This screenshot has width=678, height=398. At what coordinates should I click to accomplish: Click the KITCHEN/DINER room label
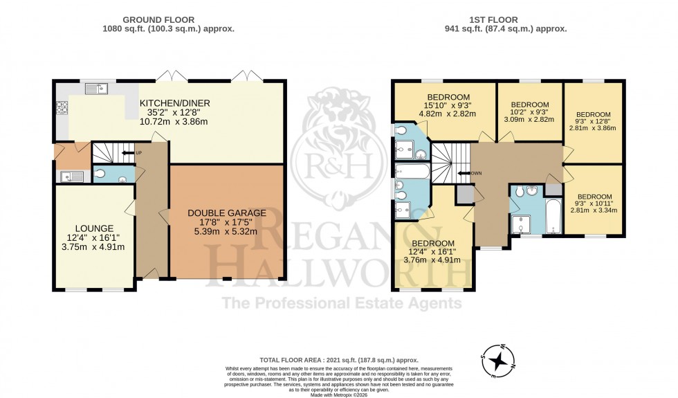click(x=174, y=103)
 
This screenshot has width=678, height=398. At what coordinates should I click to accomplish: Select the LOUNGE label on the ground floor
click(x=95, y=228)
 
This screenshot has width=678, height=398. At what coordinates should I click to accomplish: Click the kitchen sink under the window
click(x=96, y=88)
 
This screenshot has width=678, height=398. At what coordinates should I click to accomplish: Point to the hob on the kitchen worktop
click(x=60, y=107)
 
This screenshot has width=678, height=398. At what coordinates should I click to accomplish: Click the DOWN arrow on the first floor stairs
click(x=472, y=173)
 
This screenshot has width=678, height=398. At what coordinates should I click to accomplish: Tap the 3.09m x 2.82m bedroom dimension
click(x=529, y=119)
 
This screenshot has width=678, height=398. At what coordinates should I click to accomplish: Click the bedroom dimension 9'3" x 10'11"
click(x=593, y=203)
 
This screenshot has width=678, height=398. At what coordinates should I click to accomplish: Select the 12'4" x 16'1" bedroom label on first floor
click(x=433, y=252)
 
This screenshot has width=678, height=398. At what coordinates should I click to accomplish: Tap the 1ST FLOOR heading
click(x=508, y=19)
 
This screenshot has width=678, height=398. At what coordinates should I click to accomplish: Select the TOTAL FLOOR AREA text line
click(x=338, y=360)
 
